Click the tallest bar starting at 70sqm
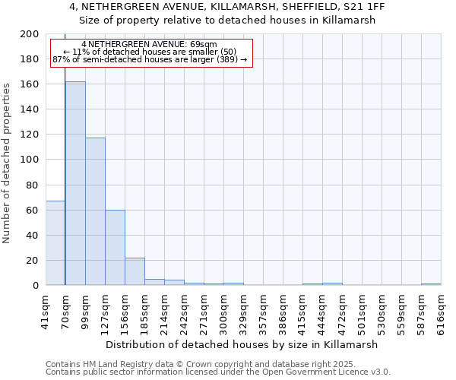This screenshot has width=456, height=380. coord(75,183)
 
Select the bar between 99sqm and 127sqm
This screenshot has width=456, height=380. coord(95,211)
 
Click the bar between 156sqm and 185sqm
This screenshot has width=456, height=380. coord(135,271)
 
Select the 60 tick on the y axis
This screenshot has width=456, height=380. coord(33,210)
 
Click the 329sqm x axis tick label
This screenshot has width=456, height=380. coord(243,312)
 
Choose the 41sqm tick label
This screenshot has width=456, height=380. coord(46,312)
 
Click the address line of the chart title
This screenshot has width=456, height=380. coord(227,8)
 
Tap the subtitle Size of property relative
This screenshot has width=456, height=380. coord(227,21)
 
